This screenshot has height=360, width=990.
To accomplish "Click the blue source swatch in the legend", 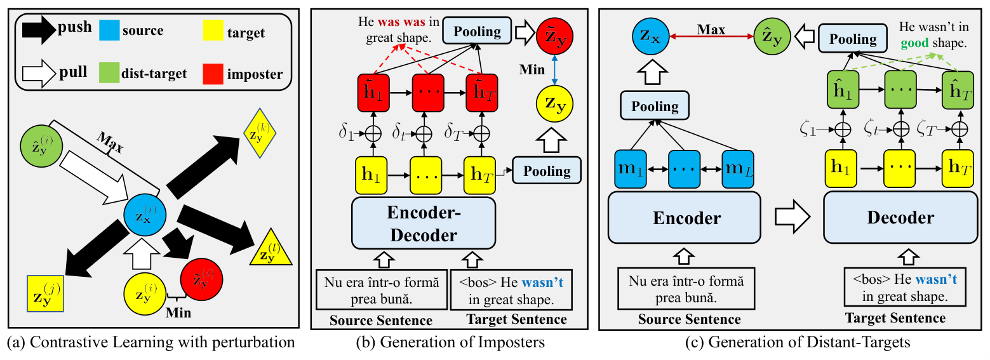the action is [109, 30].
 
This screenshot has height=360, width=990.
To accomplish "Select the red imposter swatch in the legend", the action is [213, 74].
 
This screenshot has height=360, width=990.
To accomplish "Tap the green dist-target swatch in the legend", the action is [109, 73].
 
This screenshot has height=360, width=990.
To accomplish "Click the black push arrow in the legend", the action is [39, 30].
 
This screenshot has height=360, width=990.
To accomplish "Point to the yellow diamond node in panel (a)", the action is [260, 133].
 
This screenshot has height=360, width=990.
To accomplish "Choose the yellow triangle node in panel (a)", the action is [271, 248].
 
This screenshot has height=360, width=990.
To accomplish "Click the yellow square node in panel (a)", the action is [45, 293].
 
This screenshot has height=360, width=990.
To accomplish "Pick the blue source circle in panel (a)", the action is [145, 215].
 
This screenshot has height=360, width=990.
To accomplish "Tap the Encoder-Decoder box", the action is [424, 223].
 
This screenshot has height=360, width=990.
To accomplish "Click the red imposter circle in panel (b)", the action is [554, 36].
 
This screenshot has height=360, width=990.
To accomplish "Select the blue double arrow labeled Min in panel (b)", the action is [554, 70].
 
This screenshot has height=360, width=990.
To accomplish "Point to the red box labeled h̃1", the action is [373, 93].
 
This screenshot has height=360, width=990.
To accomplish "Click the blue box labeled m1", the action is [631, 169].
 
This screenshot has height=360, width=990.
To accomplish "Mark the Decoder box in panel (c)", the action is [900, 217].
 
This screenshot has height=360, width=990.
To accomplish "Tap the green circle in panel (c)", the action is [772, 36].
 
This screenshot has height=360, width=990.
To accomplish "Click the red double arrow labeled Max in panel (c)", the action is [711, 36].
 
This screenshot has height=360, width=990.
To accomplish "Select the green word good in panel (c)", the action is [914, 43].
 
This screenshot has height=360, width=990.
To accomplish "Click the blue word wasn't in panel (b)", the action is [542, 283].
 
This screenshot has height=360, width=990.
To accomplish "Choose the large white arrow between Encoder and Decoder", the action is [793, 217].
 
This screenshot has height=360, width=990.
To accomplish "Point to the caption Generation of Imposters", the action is [462, 342].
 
